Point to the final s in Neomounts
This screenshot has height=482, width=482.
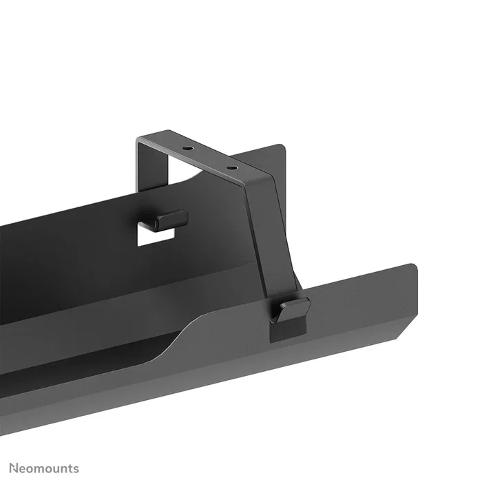coord(76,469)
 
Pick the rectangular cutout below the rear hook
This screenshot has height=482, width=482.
coord(153,235)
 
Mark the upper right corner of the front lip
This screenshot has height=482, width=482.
coord(414,264)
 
